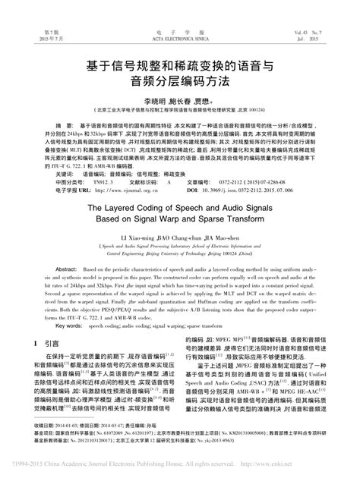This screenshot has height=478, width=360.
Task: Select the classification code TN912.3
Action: [103, 182]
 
